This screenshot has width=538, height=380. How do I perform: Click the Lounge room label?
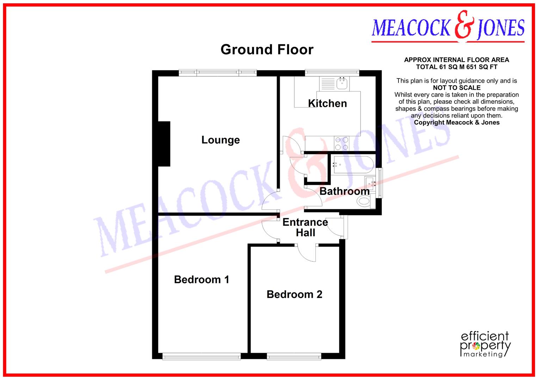[221, 140]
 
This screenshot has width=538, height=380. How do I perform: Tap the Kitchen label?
[327, 103]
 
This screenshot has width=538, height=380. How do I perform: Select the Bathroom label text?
[345, 191]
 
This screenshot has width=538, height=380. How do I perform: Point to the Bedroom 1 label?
[202, 280]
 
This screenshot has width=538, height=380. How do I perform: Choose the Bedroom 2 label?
[294, 294]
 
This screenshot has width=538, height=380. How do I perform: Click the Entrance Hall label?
[305, 227]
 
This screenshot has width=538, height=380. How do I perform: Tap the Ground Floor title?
[267, 50]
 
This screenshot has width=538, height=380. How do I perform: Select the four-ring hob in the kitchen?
[341, 144]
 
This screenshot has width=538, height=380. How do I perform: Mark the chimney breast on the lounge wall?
[164, 144]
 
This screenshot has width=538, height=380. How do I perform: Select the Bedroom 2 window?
[294, 357]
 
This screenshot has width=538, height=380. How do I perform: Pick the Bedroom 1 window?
[202, 357]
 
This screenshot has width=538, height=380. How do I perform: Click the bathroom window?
[379, 183]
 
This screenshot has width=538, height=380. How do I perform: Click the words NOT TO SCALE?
[457, 88]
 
